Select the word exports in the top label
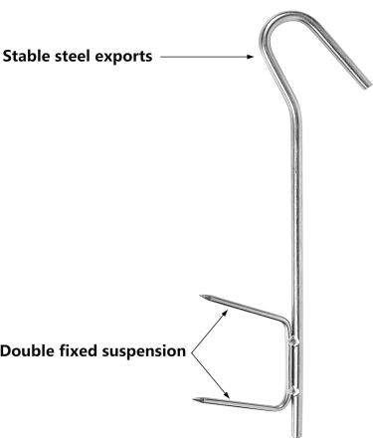click(124, 57)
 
